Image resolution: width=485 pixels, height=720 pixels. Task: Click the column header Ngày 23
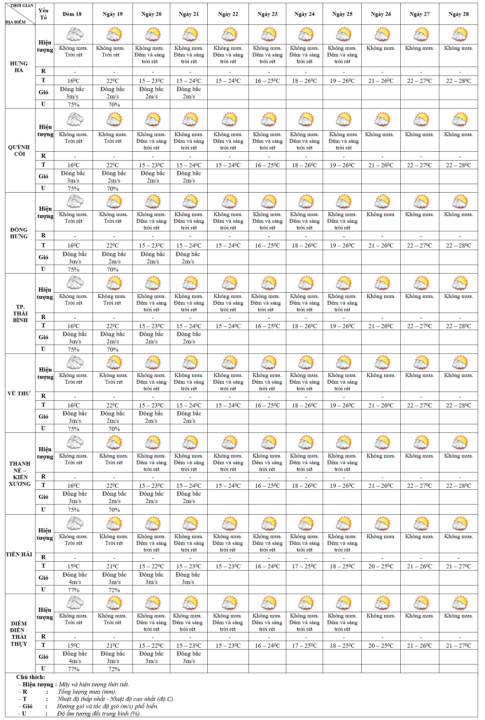click(267, 14)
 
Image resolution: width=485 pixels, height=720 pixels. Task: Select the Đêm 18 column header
click(72, 14)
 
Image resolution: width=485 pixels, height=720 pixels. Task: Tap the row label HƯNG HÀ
click(19, 67)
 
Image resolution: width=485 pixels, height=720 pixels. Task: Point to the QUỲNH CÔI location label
click(19, 150)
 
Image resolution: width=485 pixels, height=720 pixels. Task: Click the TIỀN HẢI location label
click(19, 554)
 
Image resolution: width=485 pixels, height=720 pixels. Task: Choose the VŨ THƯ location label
click(19, 393)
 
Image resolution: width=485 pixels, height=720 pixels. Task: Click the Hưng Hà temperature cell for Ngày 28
click(458, 81)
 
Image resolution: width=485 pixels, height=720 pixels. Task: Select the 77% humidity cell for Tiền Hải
click(74, 590)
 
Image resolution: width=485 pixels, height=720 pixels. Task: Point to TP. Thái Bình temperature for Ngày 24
click(304, 326)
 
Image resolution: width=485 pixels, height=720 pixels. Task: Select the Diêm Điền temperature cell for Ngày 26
click(381, 645)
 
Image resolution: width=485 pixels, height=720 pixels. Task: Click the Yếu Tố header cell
click(43, 14)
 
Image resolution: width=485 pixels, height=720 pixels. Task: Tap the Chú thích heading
click(31, 677)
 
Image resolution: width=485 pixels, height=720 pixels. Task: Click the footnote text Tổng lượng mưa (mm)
click(87, 692)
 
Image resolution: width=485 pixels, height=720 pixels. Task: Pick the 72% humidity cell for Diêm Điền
click(114, 669)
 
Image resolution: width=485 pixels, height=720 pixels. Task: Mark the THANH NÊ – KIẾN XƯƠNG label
click(20, 474)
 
